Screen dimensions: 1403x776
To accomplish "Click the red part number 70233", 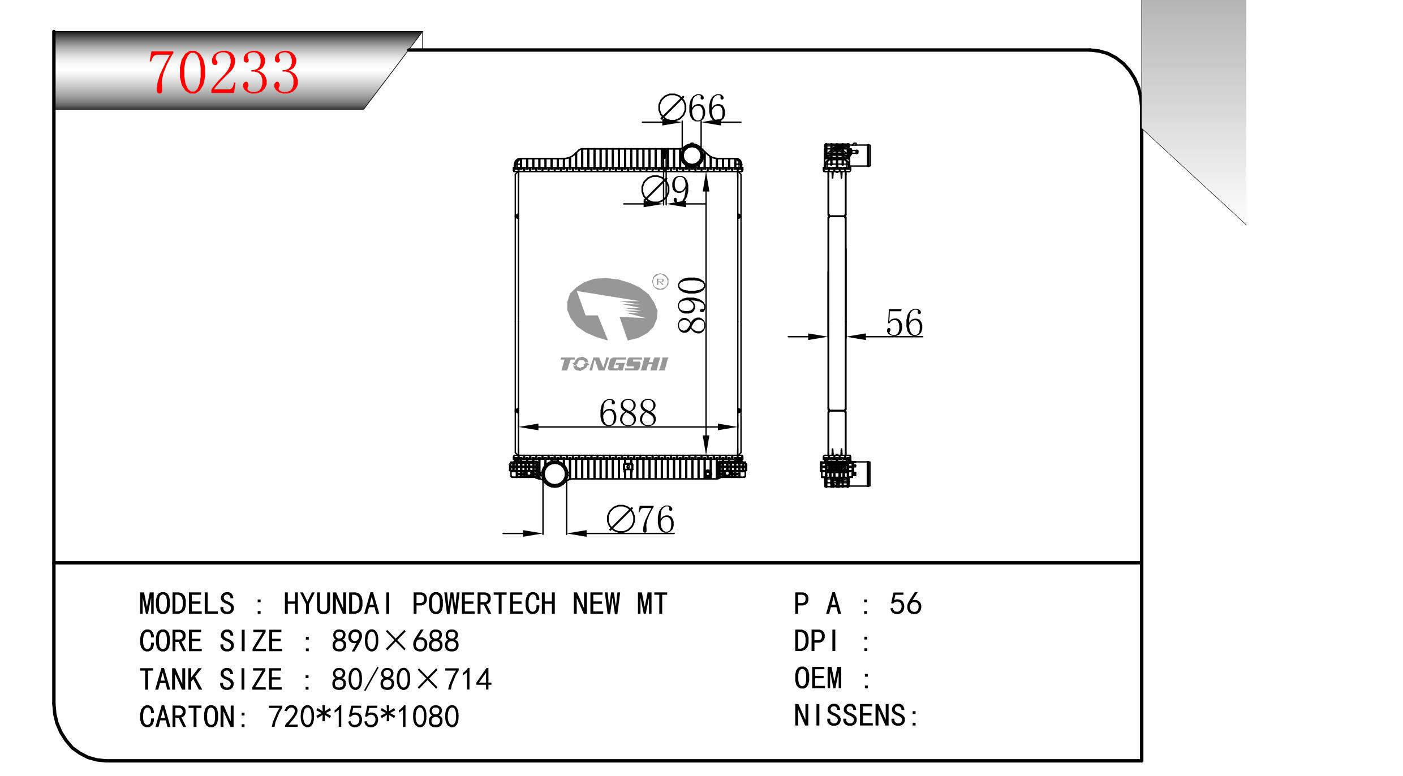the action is [223, 72].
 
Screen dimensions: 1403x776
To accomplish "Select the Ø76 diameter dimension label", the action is [640, 519].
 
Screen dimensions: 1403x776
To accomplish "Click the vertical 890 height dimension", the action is [691, 305].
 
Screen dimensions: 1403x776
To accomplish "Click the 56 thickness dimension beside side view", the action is [904, 322].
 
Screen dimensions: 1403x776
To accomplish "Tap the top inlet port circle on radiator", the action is [691, 154].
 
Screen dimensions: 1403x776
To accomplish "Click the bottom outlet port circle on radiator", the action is [554, 473].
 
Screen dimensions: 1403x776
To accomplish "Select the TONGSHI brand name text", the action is [613, 364].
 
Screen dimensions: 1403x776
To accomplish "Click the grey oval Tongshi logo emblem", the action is [612, 309].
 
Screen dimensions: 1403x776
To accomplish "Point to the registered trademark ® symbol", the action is [660, 282].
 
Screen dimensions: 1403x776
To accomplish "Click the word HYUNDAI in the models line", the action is [338, 603].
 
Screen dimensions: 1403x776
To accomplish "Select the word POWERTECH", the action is [484, 603].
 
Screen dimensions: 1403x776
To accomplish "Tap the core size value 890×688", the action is [395, 641].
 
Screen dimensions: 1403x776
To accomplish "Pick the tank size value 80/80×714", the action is [411, 679].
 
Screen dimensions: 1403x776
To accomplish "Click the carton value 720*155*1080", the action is [363, 716].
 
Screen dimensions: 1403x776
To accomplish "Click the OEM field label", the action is [818, 678].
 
